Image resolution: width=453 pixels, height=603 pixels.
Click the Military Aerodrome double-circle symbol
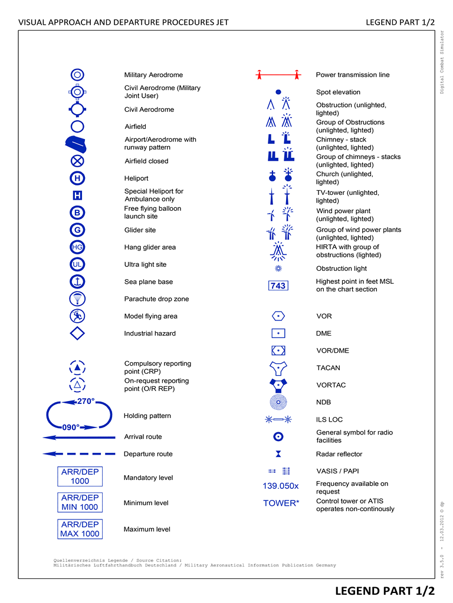[x=77, y=75]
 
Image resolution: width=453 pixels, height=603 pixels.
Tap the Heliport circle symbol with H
[x=77, y=178]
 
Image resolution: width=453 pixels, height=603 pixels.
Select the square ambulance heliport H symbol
[x=77, y=196]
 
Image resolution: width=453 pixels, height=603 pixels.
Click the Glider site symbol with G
[x=77, y=230]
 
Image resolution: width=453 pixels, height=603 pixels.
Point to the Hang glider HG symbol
[x=77, y=247]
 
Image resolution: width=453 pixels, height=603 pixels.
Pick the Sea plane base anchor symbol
[x=77, y=281]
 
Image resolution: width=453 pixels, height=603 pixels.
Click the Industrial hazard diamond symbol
[x=77, y=333]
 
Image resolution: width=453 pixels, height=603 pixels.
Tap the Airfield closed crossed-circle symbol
[x=77, y=161]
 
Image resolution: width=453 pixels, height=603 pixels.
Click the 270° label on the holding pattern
[x=86, y=402]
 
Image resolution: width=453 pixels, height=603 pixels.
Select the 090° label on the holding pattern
[x=71, y=427]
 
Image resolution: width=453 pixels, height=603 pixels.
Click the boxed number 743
[x=278, y=286]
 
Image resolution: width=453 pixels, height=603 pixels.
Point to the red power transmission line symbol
[x=278, y=75]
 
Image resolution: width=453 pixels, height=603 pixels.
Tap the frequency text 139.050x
[x=281, y=486]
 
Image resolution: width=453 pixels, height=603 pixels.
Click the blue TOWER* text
[x=281, y=503]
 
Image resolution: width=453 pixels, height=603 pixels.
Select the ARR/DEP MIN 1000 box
[x=80, y=503]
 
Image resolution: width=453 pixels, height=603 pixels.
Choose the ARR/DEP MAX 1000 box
[x=80, y=529]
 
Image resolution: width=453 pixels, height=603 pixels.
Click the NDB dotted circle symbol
[x=278, y=402]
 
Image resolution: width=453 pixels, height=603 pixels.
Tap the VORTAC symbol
[x=278, y=385]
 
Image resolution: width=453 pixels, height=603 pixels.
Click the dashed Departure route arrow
[x=79, y=454]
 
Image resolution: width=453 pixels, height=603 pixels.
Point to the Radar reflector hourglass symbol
[x=278, y=454]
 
